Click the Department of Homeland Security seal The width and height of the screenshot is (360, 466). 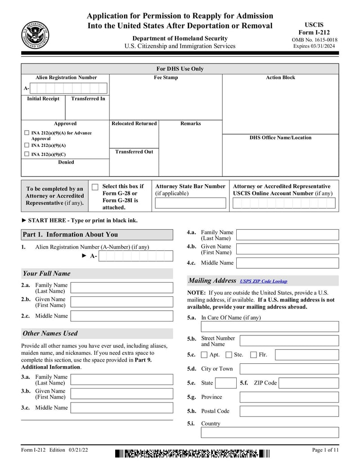pos(35,35)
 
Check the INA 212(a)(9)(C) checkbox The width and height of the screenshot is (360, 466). pos(26,154)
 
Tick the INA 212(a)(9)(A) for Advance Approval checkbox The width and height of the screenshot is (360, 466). pos(26,133)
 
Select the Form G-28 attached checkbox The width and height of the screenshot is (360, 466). pos(95,187)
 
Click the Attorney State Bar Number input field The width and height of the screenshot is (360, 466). pos(190,203)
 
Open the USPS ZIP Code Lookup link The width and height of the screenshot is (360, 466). pos(263,281)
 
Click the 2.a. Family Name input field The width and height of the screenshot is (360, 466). pos(121,288)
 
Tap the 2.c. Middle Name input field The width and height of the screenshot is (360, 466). pos(121,316)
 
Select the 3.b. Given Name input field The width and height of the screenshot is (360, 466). pos(121,394)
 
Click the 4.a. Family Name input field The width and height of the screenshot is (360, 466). pos(287,235)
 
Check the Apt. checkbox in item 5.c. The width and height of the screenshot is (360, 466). pos(204,355)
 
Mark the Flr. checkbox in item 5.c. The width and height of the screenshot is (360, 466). pos(253,355)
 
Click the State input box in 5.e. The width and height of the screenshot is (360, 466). pos(225,383)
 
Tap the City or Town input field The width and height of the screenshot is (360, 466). pos(289,369)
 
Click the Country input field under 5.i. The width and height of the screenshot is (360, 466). pos(270,433)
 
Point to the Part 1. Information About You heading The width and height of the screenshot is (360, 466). pos(70,235)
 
